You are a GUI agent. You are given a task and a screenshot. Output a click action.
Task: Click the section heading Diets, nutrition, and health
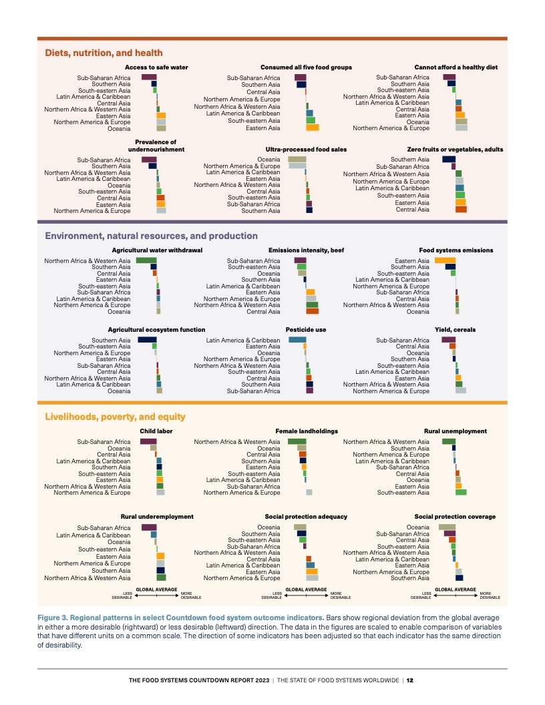(x=104, y=53)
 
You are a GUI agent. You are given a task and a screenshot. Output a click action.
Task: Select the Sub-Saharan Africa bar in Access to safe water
(x=149, y=77)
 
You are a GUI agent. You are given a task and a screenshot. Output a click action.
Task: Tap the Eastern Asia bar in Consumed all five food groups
(x=313, y=128)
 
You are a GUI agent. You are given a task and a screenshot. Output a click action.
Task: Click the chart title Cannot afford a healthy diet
(x=456, y=67)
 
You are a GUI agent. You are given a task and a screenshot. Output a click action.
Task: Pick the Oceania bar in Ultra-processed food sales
(x=297, y=160)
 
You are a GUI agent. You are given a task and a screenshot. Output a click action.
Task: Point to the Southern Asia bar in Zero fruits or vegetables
(x=449, y=160)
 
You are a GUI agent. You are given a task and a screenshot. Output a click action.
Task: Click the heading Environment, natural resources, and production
(x=151, y=236)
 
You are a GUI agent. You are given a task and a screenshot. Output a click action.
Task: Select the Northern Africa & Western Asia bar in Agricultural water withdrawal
(x=146, y=260)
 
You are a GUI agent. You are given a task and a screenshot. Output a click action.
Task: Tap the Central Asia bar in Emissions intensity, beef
(x=313, y=311)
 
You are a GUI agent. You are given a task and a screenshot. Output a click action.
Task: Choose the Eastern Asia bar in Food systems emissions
(x=445, y=260)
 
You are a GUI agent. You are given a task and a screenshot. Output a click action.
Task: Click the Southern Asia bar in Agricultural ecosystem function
(x=147, y=340)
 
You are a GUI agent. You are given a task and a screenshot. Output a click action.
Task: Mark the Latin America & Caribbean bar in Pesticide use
(x=297, y=340)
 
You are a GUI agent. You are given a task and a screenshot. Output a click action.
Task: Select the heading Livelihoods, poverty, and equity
(x=115, y=417)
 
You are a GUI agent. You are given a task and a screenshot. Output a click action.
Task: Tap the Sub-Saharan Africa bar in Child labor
(x=148, y=441)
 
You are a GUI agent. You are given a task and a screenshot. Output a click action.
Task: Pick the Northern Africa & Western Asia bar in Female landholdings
(x=297, y=441)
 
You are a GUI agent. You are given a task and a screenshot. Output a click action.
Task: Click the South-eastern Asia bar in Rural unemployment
(x=461, y=492)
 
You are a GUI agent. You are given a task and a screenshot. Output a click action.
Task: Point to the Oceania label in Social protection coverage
(x=418, y=527)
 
